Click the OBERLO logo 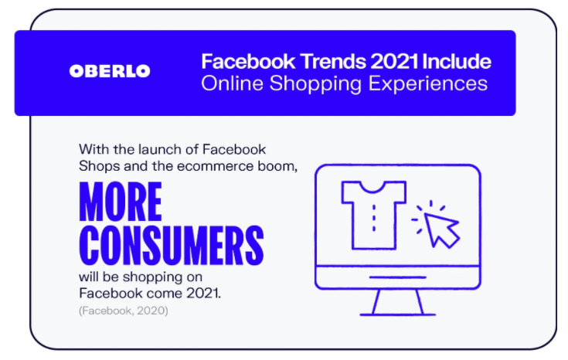110,71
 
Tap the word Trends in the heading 333,61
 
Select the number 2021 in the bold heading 394,61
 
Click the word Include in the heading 457,61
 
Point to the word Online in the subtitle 232,83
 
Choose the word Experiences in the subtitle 428,84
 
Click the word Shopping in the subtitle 315,84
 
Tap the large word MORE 121,202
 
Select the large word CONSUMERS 172,246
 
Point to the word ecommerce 215,166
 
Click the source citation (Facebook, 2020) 124,311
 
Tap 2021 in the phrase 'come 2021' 203,293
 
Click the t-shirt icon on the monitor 373,215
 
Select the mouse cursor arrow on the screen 441,229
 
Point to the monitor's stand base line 397,314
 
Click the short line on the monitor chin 398,277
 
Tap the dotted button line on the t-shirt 374,218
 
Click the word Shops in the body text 99,166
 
